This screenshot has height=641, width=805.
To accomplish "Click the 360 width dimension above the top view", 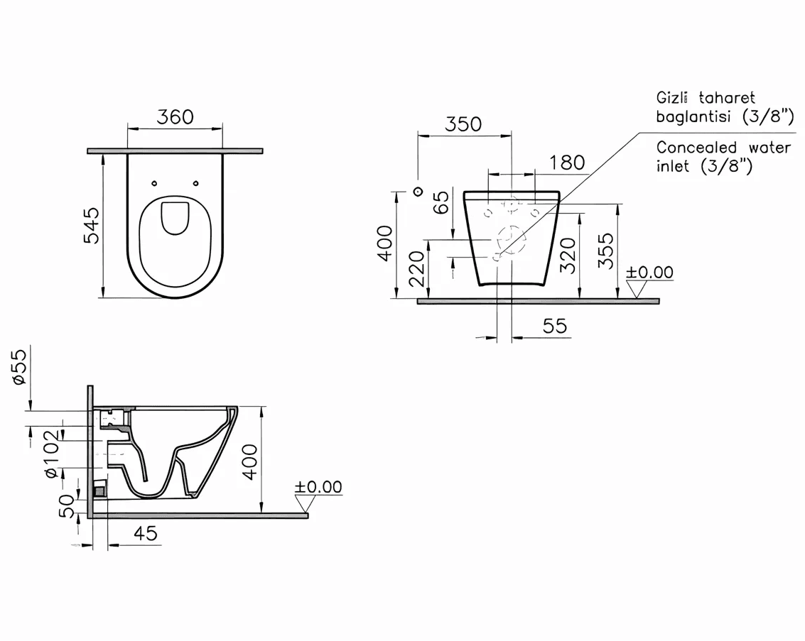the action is coord(175,117).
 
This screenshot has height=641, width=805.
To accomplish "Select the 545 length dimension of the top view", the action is coord(92,225).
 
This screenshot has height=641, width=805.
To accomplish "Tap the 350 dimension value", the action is coord(463,125).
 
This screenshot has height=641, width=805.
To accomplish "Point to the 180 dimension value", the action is coord(567,163).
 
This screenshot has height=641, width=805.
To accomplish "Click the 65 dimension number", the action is coord(441,202).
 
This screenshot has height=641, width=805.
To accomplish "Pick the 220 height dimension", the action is coord(416,269).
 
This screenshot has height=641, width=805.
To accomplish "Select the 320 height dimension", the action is coord(568,256).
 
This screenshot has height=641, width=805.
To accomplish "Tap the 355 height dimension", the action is coord(606,251).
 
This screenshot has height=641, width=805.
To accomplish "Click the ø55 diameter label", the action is coord(19,367).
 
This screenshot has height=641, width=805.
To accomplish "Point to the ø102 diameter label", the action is coord(53,454).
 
